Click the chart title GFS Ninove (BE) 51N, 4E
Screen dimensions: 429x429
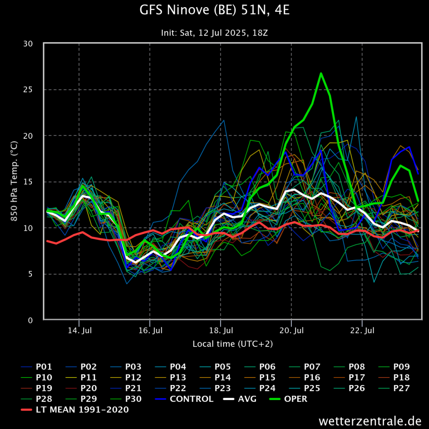coord(214,10)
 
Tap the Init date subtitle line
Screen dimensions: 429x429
coord(214,33)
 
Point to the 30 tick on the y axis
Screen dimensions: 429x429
coord(33,44)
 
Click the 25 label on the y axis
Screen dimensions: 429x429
coord(33,90)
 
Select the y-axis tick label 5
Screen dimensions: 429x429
coord(36,274)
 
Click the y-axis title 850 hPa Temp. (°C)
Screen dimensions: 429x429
coord(14,182)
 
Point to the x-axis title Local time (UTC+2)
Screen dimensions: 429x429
coord(233,344)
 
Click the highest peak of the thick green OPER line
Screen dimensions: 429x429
coord(321,73)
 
